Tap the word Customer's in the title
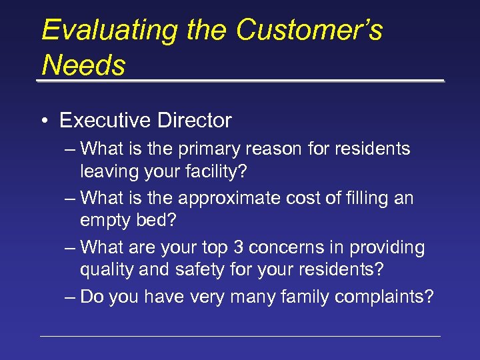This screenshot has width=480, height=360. (x=309, y=30)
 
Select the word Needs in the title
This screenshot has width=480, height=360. (x=83, y=65)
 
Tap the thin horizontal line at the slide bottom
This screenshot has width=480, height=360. (x=240, y=336)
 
